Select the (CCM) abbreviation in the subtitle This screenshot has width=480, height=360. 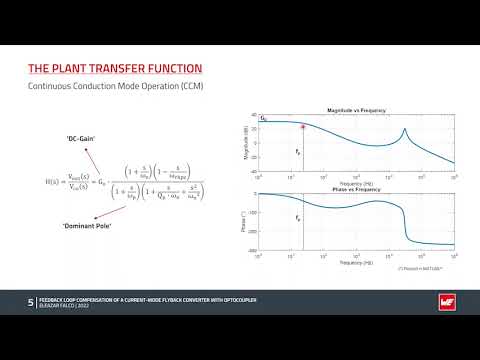tap(191, 88)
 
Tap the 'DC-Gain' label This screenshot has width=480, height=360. tap(81, 136)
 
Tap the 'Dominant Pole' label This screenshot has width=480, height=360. tap(82, 226)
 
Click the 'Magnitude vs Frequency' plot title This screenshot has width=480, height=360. tap(357, 110)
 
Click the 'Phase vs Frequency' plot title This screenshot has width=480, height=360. tap(357, 187)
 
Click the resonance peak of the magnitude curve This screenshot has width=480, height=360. tap(404, 129)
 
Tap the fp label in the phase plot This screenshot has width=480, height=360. tap(298, 217)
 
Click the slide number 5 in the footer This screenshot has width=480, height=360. tap(31, 301)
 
